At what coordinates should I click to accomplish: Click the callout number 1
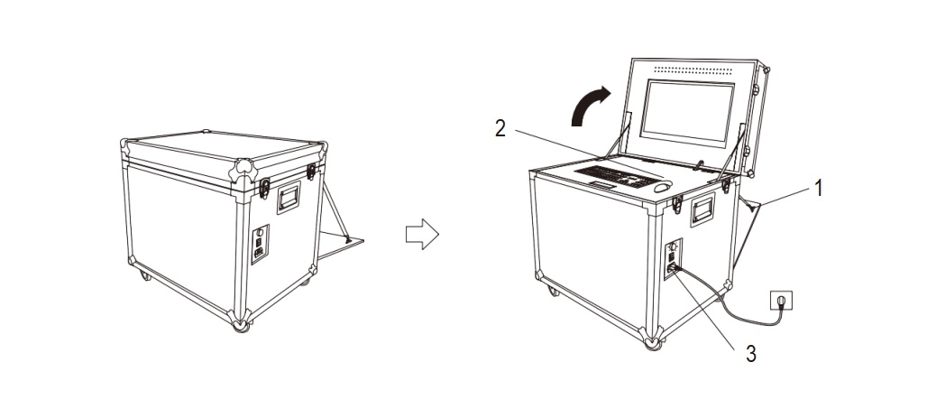point(818,189)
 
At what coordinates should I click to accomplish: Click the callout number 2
point(500,128)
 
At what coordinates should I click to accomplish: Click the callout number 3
point(750,354)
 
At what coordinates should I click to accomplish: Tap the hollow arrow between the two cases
point(422,234)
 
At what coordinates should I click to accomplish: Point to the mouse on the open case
point(664,187)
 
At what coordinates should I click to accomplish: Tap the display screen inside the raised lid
point(687,114)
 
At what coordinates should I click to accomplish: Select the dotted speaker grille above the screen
point(693,70)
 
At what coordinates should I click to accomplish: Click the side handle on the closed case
point(289,198)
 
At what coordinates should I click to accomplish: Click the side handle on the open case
point(703,209)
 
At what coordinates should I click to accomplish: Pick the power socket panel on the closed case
point(260,244)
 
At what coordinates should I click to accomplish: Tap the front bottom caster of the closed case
point(241,325)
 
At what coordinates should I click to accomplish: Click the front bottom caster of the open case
point(653,343)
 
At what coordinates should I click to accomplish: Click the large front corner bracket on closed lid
point(243,171)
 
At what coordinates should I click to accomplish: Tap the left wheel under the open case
point(553,292)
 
